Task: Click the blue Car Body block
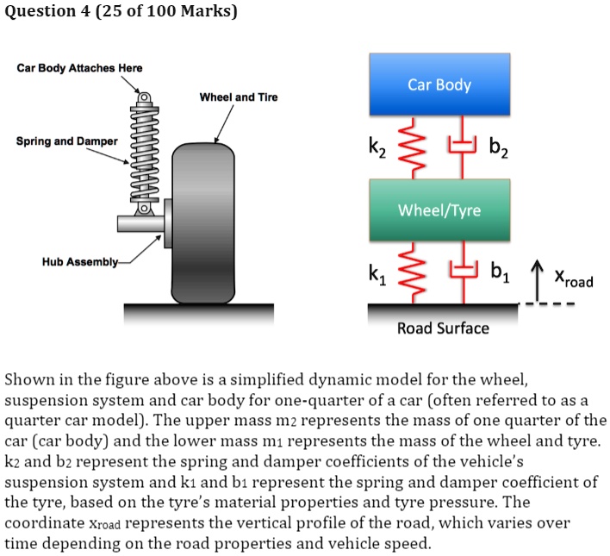coord(440,85)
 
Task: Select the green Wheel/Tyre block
coord(440,209)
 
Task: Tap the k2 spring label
coord(380,148)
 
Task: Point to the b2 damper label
coord(500,148)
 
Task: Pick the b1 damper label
coord(500,276)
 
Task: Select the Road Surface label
coord(443,328)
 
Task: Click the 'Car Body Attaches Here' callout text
coord(80,68)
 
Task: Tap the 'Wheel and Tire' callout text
coord(239,97)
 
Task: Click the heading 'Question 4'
coord(50,11)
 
